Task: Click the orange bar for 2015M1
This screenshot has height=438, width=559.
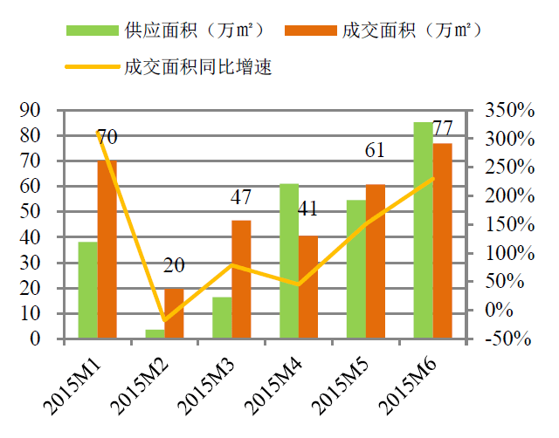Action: pos(107,249)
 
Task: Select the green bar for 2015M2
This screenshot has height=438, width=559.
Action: pos(154,334)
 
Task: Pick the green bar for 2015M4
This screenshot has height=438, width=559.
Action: pos(289,261)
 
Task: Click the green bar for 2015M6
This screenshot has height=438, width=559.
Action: pos(423,230)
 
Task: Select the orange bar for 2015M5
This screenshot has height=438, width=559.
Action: pos(375,261)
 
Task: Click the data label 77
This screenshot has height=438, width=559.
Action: pos(443,127)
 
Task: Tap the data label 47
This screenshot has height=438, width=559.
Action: pos(241,197)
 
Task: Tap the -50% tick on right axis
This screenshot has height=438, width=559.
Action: pos(509,339)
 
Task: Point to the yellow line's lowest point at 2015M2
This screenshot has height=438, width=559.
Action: pos(164,320)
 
